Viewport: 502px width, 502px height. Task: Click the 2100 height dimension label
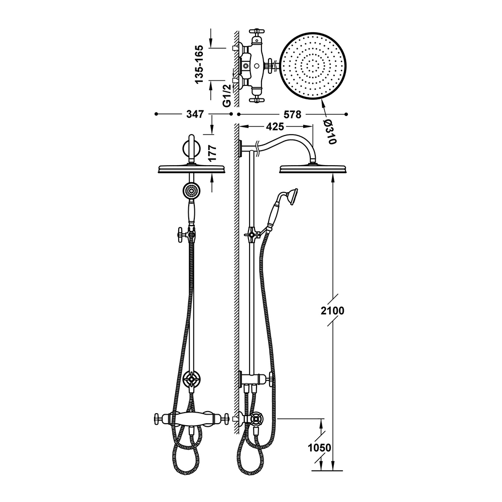(x=332, y=310)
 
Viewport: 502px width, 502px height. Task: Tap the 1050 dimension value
(x=319, y=447)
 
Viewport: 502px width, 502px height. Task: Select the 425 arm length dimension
(x=275, y=127)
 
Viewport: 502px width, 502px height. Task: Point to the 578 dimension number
(x=293, y=114)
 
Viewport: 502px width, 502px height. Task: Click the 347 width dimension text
(x=195, y=114)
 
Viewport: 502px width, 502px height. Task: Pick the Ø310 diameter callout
(x=330, y=132)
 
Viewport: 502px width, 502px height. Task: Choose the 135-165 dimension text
(x=199, y=64)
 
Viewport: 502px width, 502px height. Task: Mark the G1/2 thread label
(x=227, y=95)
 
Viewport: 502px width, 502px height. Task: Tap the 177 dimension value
(x=212, y=153)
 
